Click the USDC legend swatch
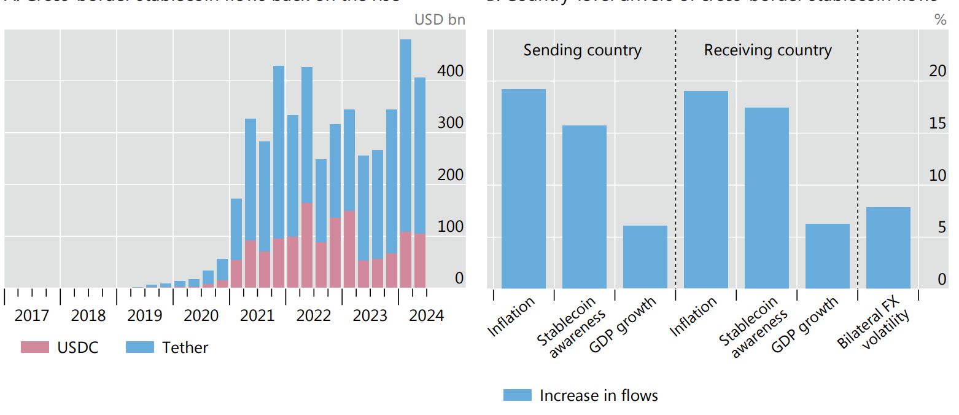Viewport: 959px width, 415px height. tap(34, 347)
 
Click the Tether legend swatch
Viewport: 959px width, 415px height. tap(139, 347)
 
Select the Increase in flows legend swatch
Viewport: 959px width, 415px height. tap(517, 395)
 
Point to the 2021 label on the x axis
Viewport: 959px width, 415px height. tap(257, 316)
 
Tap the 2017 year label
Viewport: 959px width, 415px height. tap(32, 316)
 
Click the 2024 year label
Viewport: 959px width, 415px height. tap(426, 316)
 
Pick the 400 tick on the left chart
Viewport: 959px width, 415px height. tap(450, 71)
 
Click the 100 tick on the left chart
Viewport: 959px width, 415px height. tap(450, 227)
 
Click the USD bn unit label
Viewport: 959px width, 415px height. tap(440, 20)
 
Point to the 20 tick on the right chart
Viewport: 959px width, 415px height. tap(938, 71)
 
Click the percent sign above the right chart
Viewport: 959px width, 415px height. tap(940, 20)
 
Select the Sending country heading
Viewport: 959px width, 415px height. tap(582, 50)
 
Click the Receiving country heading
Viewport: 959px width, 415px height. tap(767, 50)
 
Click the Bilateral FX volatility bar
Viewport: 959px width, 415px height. tap(888, 248)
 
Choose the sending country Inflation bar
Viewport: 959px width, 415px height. tap(523, 189)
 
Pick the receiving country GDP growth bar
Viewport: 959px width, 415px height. tap(827, 256)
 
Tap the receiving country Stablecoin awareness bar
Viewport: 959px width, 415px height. tap(766, 198)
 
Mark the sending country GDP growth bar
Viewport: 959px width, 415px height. tap(645, 257)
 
